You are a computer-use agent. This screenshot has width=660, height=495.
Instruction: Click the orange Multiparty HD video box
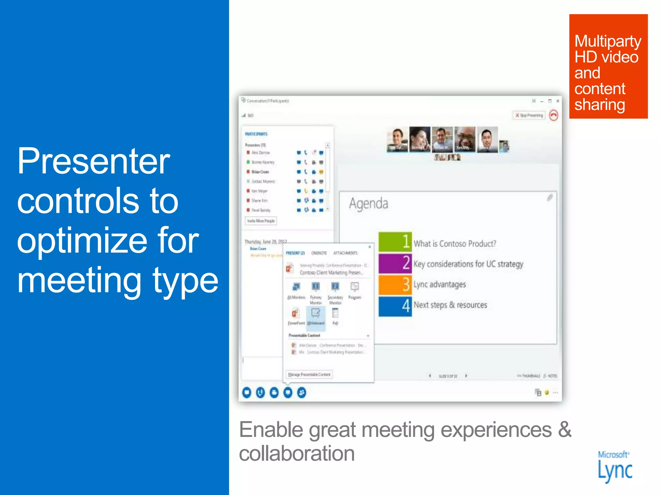point(608,66)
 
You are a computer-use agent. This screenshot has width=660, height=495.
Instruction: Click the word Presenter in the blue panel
point(93,161)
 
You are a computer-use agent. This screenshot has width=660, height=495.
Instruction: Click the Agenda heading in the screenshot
point(368,204)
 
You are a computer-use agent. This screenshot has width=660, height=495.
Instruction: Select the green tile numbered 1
point(395,242)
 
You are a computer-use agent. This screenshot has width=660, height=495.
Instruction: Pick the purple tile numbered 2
point(395,263)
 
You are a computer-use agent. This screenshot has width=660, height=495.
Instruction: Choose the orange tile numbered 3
point(395,284)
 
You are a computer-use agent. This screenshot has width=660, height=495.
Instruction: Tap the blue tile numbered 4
point(395,306)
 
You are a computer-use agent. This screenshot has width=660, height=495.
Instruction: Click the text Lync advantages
point(440,284)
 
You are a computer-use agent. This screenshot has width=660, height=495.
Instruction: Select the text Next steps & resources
point(450,305)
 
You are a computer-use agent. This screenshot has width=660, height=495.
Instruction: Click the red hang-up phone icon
point(553,115)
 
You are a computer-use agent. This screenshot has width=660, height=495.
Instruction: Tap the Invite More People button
point(261,221)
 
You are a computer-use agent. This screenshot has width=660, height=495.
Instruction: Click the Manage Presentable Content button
point(309,374)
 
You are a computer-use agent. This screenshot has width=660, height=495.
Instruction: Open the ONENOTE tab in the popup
point(319,253)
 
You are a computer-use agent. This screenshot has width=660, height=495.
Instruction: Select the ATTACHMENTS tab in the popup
point(345,253)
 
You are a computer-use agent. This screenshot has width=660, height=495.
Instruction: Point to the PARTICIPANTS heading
point(256,134)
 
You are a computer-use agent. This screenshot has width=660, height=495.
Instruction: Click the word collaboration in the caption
point(296,454)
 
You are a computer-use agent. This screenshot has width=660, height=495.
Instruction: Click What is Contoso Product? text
point(455,244)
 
